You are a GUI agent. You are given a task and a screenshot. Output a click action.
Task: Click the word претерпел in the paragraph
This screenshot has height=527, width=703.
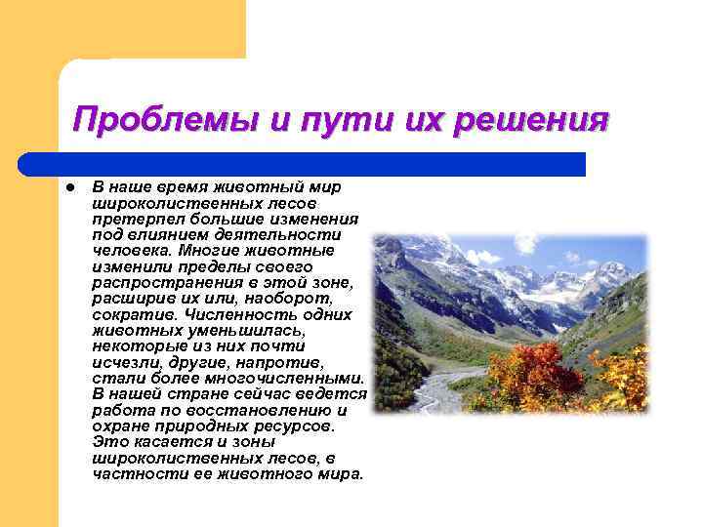[x=129, y=219]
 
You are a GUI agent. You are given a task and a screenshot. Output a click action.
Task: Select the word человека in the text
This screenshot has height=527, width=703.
[x=130, y=250]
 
